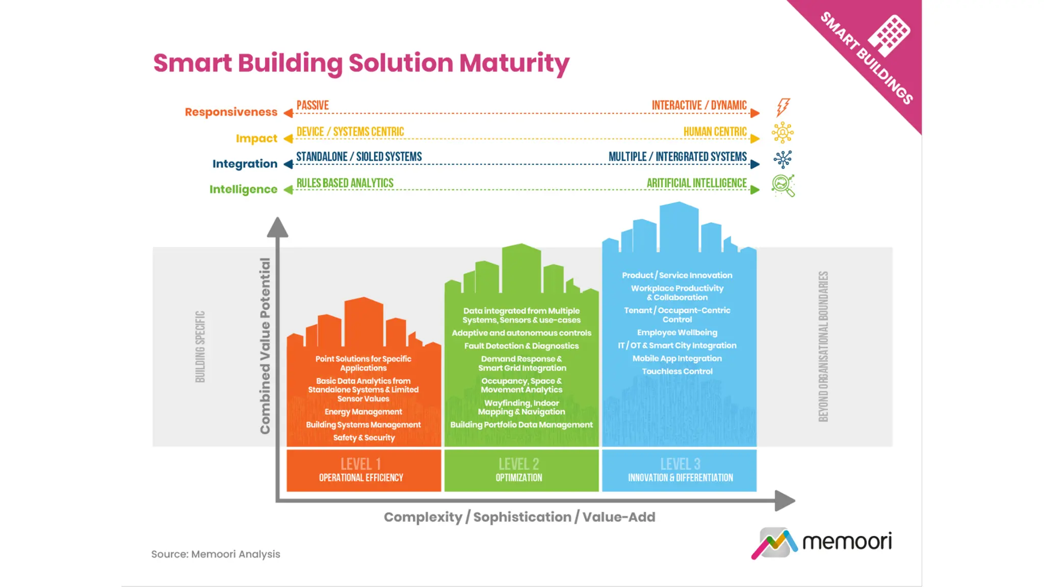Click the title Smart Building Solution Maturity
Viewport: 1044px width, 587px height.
[361, 63]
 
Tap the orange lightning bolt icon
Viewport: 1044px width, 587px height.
[782, 107]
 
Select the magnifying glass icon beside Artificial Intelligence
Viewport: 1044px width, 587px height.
[783, 185]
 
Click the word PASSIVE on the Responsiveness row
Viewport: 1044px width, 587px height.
[312, 105]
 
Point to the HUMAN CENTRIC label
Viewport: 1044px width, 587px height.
[715, 132]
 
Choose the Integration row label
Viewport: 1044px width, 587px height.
[245, 164]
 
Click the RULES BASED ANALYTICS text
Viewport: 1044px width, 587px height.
[345, 183]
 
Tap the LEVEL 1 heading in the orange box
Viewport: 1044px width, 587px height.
[361, 464]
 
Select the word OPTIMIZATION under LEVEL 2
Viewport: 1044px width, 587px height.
[519, 477]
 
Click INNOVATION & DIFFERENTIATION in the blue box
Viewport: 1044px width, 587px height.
[680, 477]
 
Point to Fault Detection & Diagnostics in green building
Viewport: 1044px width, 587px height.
[521, 346]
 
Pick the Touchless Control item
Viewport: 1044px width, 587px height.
[677, 371]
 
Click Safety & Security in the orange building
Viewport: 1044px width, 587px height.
[363, 438]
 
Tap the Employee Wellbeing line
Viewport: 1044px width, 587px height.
[677, 333]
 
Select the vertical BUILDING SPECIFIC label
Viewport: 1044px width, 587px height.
[200, 346]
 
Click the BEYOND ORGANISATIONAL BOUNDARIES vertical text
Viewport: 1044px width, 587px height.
[823, 346]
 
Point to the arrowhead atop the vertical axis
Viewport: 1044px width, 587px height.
[277, 227]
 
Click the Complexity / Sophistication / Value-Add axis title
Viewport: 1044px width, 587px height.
[519, 517]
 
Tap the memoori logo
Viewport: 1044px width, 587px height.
[822, 542]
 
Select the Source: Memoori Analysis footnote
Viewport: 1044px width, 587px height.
[216, 554]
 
